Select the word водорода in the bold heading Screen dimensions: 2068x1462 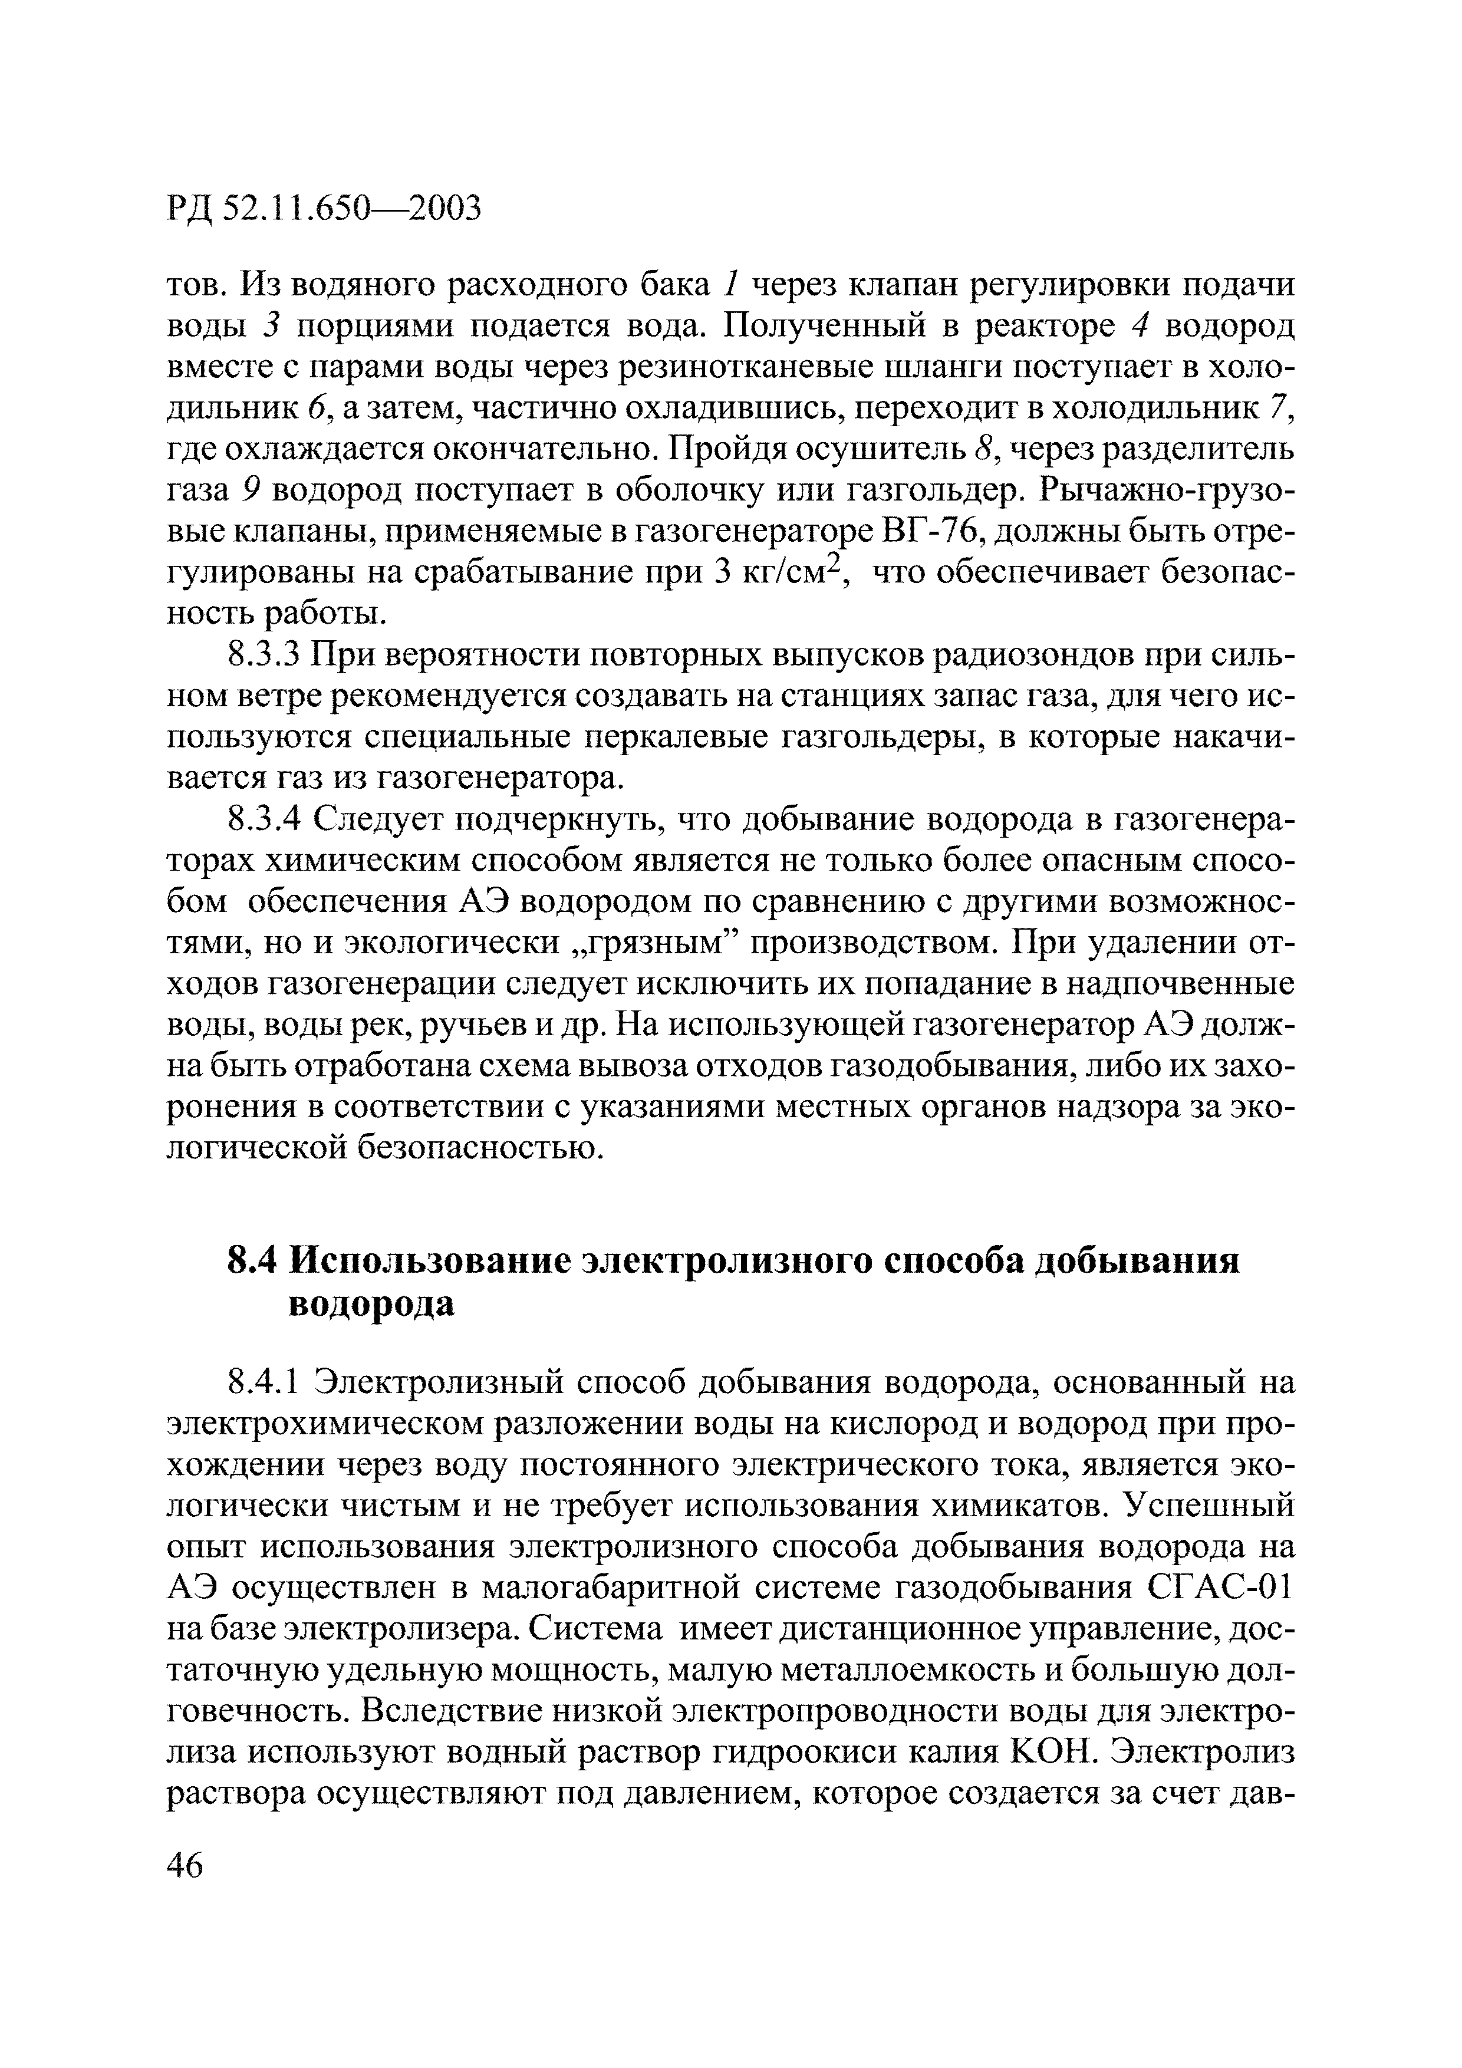click(x=370, y=1303)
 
